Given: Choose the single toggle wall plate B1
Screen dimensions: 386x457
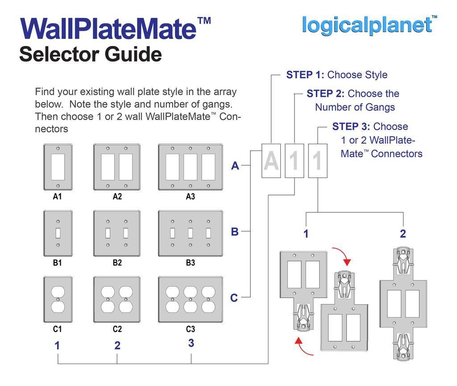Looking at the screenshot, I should [58, 233].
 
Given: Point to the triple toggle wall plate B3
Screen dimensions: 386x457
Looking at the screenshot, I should [191, 233].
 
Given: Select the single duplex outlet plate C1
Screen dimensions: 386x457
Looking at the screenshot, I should [58, 299].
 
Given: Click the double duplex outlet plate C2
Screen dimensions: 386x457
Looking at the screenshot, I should [116, 299].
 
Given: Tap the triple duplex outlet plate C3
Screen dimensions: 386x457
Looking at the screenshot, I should [191, 299].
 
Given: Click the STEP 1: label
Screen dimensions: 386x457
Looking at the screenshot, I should [305, 75].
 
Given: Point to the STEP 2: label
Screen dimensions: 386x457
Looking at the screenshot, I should [325, 94].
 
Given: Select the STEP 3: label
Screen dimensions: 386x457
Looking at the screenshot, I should [351, 126].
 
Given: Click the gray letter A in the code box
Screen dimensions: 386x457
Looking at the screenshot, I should [271, 161].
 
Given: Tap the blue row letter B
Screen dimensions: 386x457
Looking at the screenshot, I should [235, 232].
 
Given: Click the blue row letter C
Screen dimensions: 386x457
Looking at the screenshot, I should [234, 298].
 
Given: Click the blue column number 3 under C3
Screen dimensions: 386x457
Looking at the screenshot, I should [191, 343].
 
